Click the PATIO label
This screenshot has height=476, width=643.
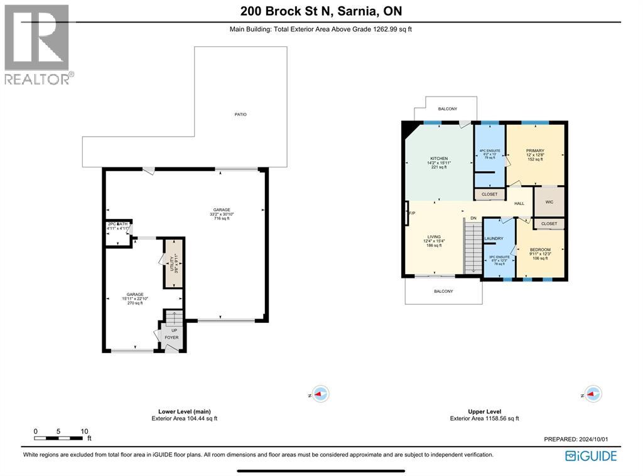241,115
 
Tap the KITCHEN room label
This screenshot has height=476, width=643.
438,159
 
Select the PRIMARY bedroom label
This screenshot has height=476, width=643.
535,151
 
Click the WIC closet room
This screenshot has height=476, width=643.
548,202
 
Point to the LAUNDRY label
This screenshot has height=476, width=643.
494,238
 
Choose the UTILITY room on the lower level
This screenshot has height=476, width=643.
173,262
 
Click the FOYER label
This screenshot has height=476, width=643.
171,337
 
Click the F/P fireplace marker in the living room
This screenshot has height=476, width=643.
412,214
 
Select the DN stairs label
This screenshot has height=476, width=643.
473,218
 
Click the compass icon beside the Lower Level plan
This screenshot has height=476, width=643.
321,394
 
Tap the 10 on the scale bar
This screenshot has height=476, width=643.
84,431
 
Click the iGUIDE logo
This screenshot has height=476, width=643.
591,456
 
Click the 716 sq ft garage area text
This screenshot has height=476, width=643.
222,219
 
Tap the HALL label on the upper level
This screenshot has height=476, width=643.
519,204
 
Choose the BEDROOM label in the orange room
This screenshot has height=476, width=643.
539,250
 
